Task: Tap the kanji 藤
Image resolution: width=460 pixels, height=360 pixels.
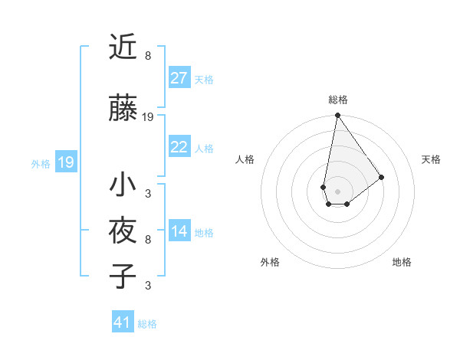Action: click(x=123, y=109)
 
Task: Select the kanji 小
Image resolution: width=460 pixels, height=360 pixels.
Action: click(x=123, y=185)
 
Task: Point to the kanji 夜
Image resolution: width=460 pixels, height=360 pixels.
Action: click(x=123, y=231)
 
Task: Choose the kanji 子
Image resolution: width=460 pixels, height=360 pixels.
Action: click(x=123, y=277)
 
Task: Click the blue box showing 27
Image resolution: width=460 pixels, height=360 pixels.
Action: click(x=179, y=78)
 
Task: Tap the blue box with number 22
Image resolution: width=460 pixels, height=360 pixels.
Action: click(x=179, y=147)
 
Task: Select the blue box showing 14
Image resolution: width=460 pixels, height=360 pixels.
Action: click(x=179, y=231)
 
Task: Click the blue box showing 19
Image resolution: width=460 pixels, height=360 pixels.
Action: click(x=65, y=162)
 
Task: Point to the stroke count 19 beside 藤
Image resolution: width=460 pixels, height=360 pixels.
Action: click(x=148, y=117)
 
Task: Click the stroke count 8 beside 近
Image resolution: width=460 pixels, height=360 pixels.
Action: click(x=148, y=56)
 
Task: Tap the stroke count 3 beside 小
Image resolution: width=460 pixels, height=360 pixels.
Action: click(x=148, y=194)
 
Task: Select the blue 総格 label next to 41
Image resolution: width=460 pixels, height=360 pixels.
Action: click(x=147, y=324)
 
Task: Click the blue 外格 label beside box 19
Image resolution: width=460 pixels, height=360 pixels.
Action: click(x=41, y=164)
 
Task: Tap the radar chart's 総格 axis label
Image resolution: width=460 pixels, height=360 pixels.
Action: click(x=337, y=100)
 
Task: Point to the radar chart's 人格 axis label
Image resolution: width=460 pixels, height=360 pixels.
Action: click(x=245, y=159)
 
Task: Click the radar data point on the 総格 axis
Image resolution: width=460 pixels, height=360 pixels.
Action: click(x=337, y=116)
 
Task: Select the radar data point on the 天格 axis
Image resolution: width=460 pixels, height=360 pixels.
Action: click(x=382, y=177)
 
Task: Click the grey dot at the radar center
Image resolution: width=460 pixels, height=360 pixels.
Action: click(x=337, y=190)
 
